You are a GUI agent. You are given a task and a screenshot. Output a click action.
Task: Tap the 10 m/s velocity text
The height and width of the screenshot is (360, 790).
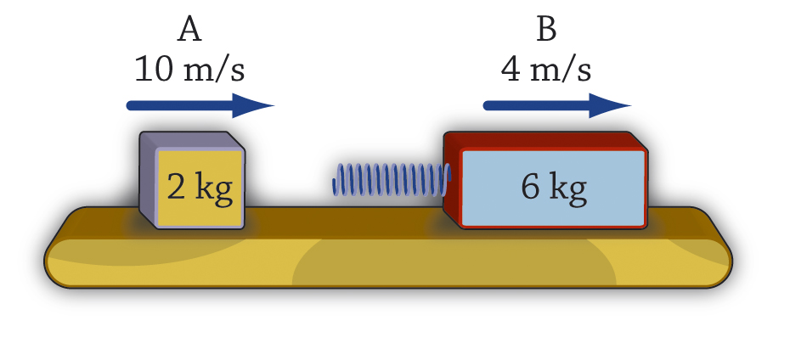click(189, 69)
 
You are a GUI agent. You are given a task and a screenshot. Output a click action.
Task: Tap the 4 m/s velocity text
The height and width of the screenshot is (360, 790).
click(546, 69)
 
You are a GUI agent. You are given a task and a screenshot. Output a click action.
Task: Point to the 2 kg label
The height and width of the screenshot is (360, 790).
click(200, 187)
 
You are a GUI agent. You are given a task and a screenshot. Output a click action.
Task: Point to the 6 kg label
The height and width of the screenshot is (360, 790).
click(554, 187)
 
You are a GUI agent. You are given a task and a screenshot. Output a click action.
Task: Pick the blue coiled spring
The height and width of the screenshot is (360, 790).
click(392, 179)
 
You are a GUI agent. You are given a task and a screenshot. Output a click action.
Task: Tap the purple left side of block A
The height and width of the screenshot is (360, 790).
click(148, 178)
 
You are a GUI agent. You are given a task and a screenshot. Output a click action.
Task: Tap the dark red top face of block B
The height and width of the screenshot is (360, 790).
click(544, 140)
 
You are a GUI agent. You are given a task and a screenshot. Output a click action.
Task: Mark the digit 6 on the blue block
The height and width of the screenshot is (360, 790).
click(531, 187)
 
